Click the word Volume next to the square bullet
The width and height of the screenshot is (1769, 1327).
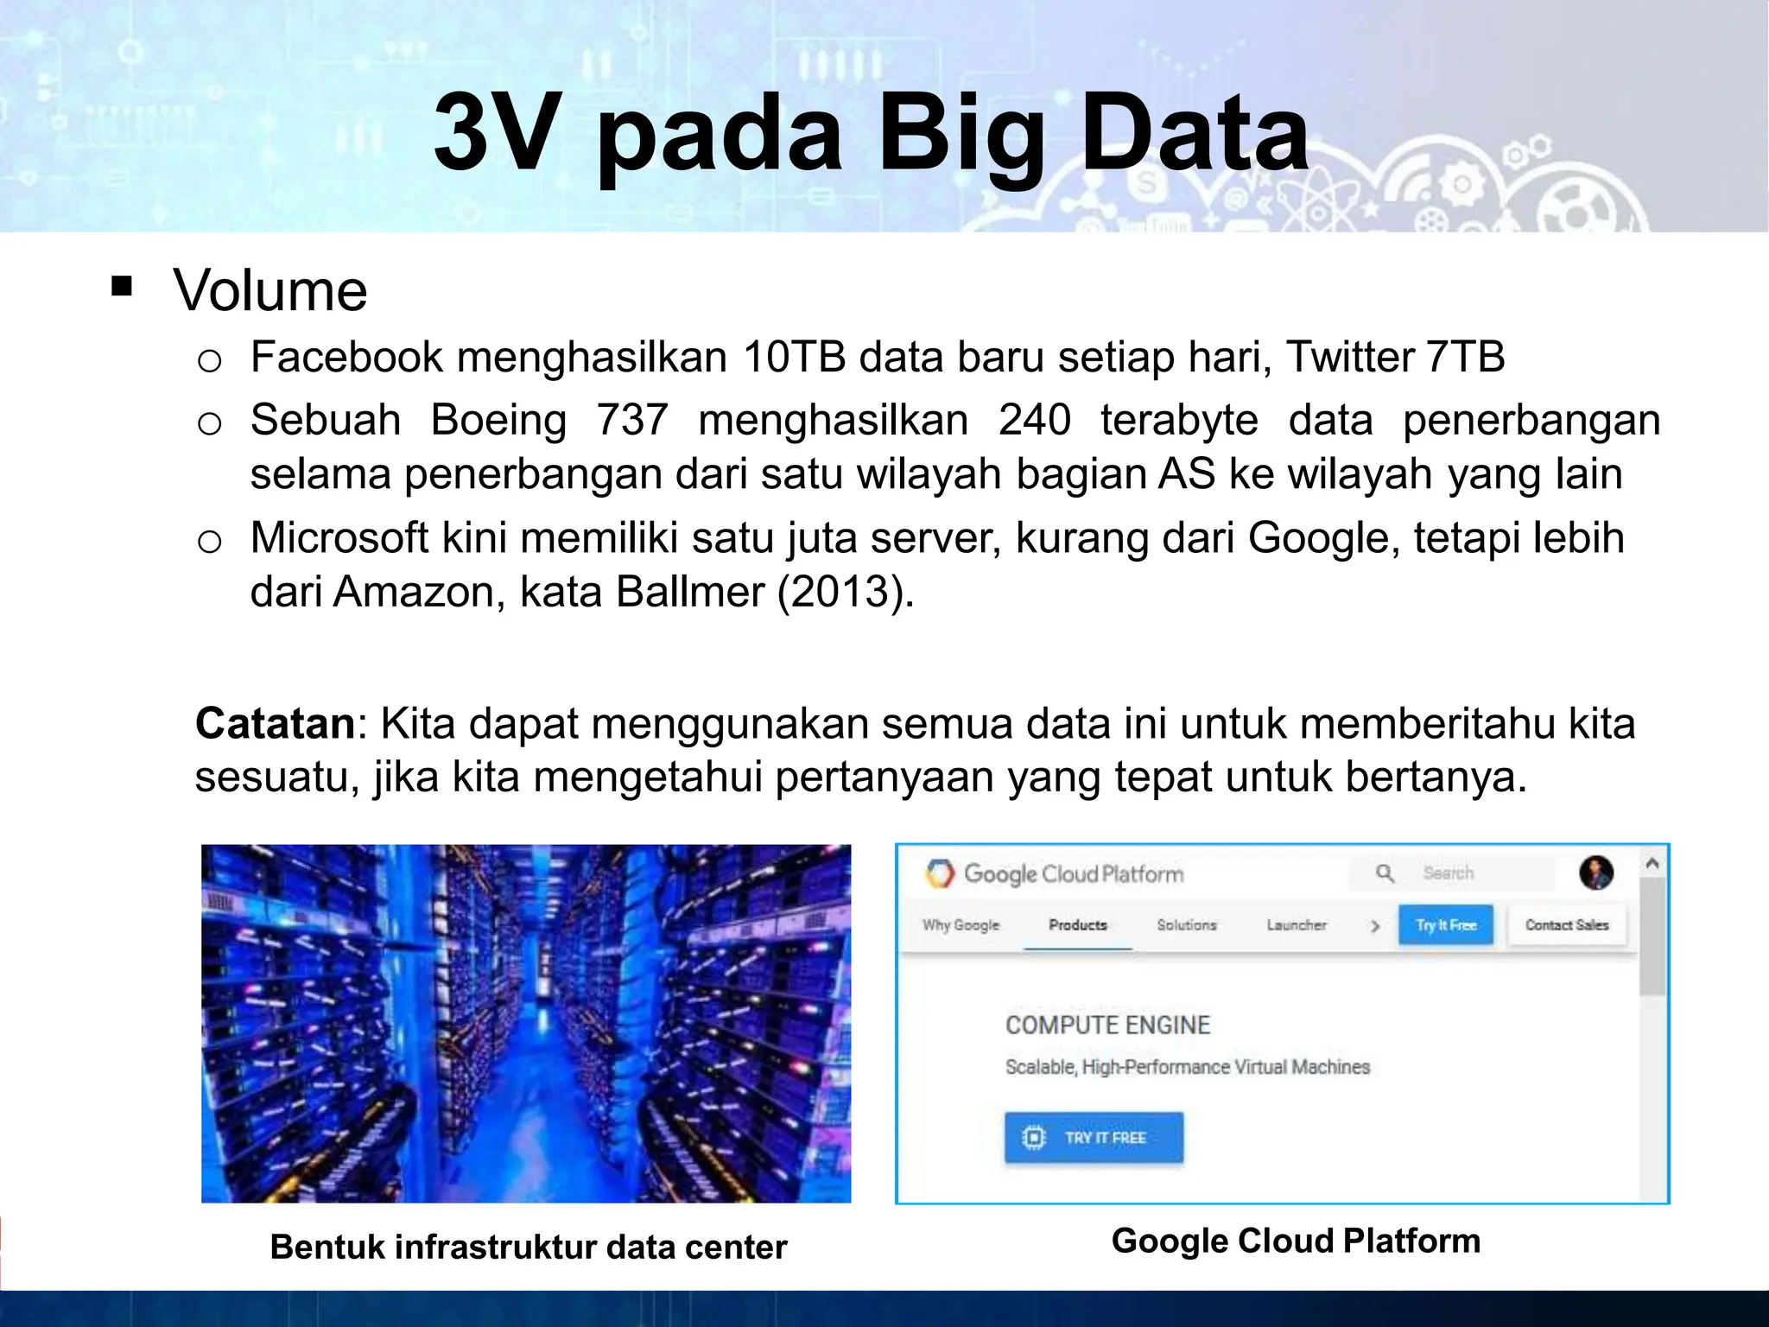(x=270, y=290)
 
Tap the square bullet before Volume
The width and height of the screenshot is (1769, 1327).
(x=122, y=286)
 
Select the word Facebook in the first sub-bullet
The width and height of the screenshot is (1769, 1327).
(x=346, y=358)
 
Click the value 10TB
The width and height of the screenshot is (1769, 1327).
(x=794, y=358)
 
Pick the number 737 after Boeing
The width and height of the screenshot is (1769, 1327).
(x=632, y=421)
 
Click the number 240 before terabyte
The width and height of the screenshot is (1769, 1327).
(x=1035, y=421)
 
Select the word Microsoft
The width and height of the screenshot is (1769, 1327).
(x=339, y=538)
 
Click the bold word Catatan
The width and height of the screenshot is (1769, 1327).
(x=275, y=723)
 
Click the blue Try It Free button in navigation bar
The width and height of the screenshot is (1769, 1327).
(x=1446, y=925)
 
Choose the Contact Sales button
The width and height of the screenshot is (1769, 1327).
(x=1567, y=925)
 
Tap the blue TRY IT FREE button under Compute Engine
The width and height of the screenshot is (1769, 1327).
(x=1094, y=1138)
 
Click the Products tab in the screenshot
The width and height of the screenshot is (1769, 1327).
(x=1078, y=925)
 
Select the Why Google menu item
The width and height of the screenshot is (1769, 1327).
(x=961, y=925)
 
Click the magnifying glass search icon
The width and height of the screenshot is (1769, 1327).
(x=1385, y=873)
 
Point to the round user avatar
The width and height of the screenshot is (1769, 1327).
(x=1596, y=873)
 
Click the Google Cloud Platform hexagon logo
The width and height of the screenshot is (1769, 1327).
(x=940, y=873)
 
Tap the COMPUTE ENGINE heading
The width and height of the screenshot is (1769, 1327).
(x=1107, y=1025)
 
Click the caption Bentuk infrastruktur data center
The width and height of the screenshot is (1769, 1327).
(x=529, y=1248)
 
